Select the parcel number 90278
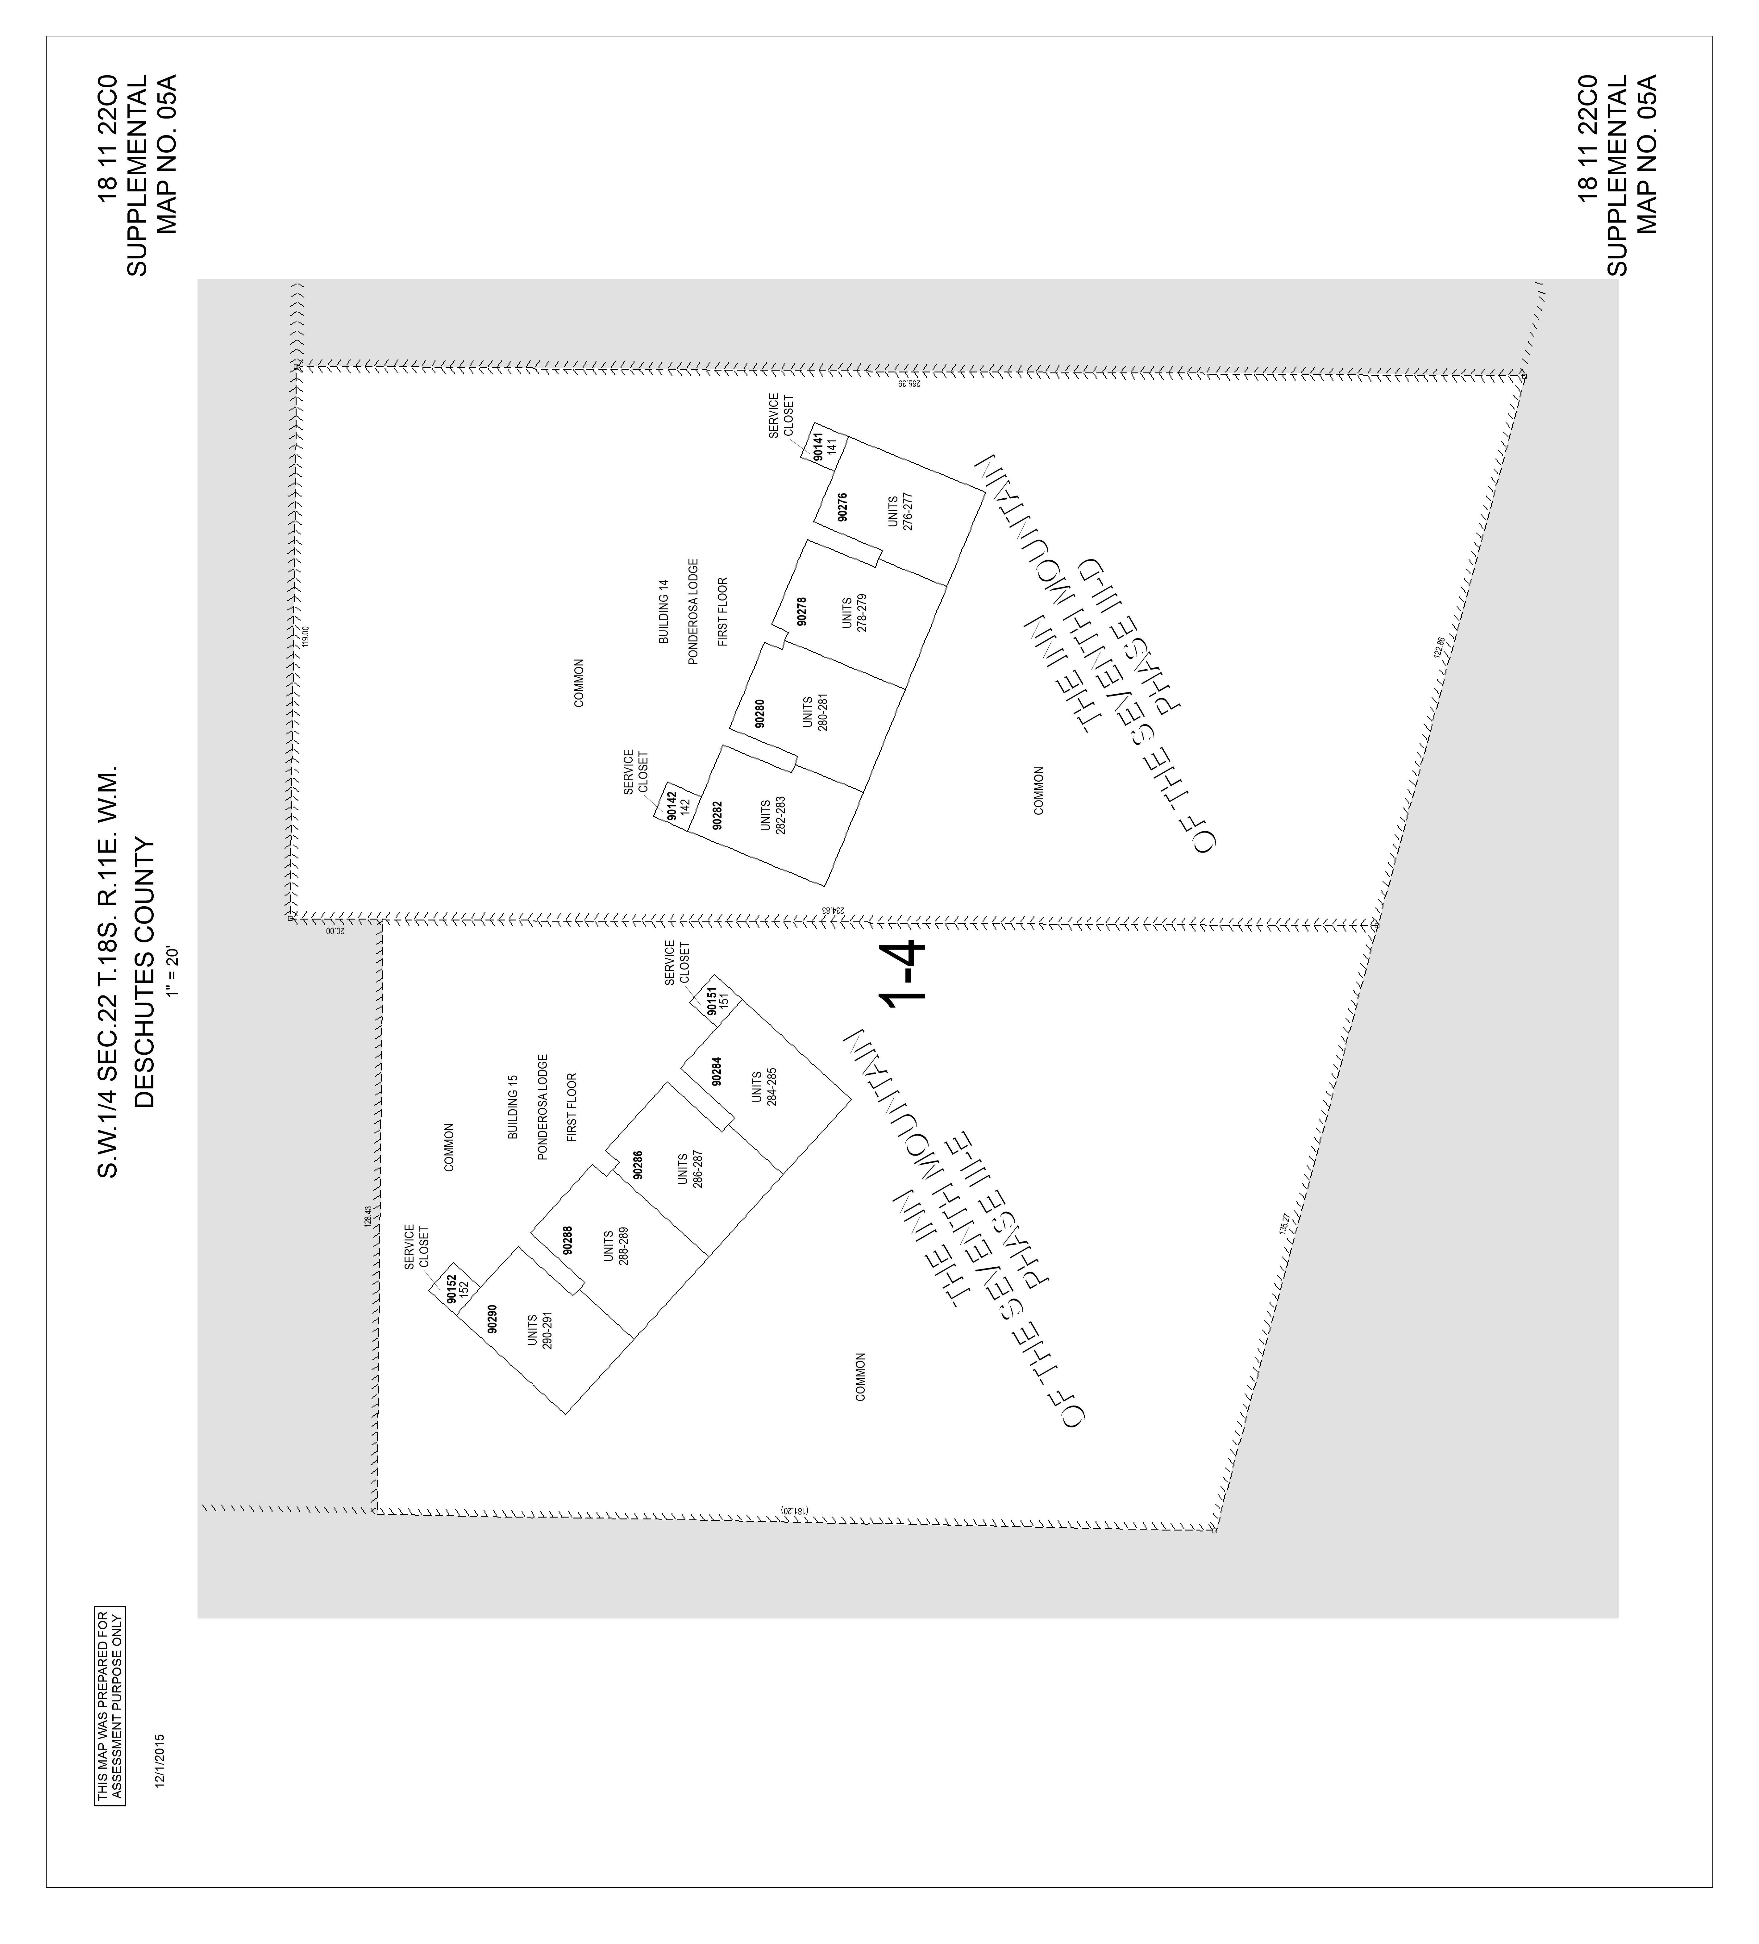[801, 611]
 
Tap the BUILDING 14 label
[663, 611]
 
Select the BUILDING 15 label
[513, 1107]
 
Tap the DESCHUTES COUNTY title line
[145, 974]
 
